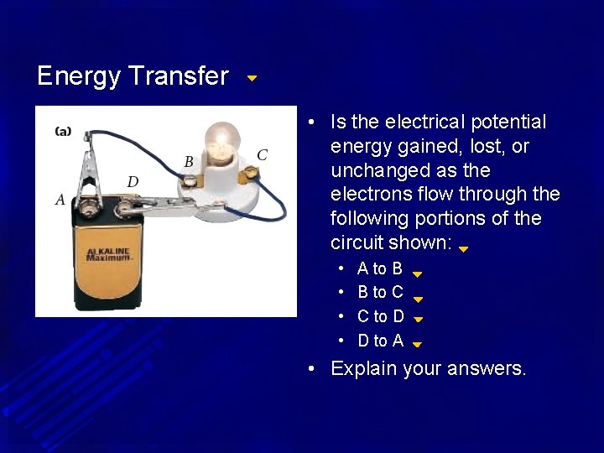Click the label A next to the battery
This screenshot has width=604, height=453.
[60, 200]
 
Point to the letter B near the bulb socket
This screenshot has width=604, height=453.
[189, 161]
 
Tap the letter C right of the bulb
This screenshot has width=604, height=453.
[262, 155]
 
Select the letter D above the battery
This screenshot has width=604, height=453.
[133, 181]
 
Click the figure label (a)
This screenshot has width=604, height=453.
[63, 131]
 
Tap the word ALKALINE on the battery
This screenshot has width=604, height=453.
[107, 251]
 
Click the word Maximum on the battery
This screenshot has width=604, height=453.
[109, 258]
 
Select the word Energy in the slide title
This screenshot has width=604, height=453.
[79, 76]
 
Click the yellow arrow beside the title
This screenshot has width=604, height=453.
[252, 78]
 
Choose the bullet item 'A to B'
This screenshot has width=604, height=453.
[379, 268]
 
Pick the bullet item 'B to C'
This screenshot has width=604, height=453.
[380, 292]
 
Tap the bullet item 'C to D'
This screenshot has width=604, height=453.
[380, 316]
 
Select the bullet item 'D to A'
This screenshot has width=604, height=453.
[380, 341]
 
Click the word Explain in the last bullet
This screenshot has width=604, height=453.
[364, 368]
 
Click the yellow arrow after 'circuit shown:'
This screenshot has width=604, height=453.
[463, 248]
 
